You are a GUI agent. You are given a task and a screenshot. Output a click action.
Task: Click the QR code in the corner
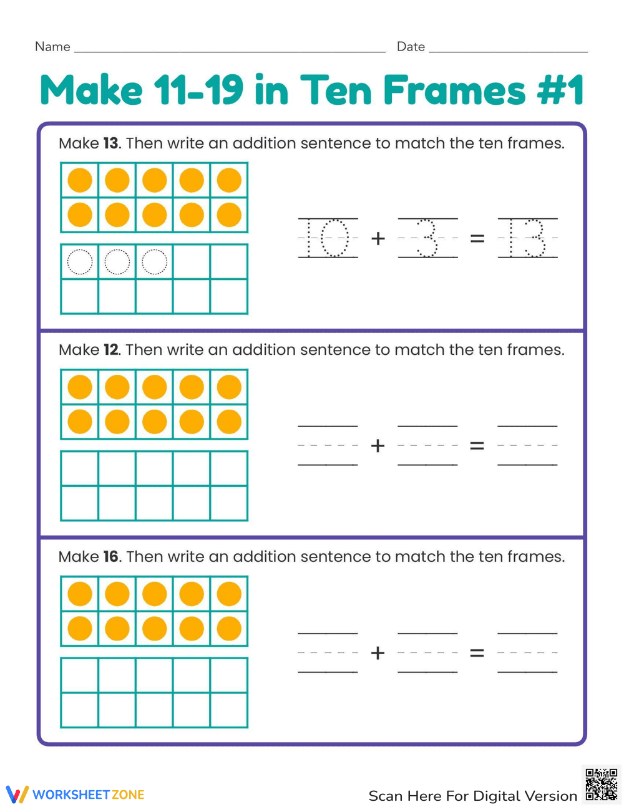[x=602, y=784]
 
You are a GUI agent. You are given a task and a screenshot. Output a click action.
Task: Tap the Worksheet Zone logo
[x=76, y=794]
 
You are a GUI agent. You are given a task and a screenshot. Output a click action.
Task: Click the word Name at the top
[x=52, y=47]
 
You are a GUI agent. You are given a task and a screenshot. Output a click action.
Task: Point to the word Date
[x=411, y=47]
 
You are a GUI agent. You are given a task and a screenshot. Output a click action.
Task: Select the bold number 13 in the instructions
[x=110, y=143]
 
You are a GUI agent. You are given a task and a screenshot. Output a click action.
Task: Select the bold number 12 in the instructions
[x=110, y=350]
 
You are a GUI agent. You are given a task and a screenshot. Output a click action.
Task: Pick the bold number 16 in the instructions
[x=110, y=556]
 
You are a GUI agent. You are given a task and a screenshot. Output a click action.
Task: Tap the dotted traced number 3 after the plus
[x=427, y=238]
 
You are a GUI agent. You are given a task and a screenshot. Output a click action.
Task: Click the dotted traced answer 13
[x=527, y=238]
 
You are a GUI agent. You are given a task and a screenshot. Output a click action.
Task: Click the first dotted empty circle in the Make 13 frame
[x=80, y=262]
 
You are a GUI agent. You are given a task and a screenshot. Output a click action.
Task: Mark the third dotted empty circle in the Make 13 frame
[x=154, y=262]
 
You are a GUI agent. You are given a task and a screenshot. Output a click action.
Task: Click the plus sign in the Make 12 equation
[x=378, y=446]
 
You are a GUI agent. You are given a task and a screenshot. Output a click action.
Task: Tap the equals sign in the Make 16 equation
[x=477, y=653]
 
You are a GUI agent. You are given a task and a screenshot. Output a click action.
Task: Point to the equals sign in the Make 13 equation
[x=477, y=238]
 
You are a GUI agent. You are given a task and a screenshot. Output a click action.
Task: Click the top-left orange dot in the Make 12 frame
[x=80, y=387]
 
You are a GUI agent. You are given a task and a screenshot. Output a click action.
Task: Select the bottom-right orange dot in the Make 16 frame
[x=229, y=629]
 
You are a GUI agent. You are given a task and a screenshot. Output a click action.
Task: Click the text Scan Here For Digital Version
[x=472, y=796]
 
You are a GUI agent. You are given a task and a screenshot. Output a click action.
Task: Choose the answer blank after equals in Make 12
[x=527, y=446]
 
